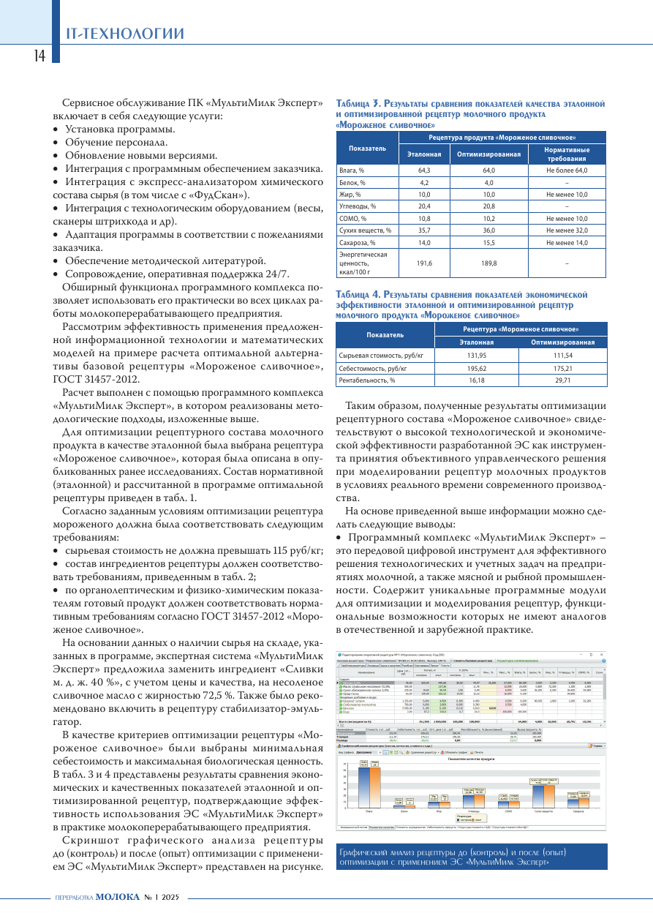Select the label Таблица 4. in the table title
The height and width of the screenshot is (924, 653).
coord(358,293)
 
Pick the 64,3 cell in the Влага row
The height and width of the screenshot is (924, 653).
coord(423,170)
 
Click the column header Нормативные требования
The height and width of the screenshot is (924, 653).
coord(567,154)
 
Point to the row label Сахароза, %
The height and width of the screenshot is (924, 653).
coord(357,242)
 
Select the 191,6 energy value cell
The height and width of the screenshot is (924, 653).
coord(423,263)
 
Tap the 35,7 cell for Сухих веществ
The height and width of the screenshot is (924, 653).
coord(423,230)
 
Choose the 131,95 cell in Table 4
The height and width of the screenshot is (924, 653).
coord(476,355)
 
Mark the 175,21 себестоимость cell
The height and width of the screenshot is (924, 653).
coord(562,368)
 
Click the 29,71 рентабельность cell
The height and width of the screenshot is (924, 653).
coord(562,380)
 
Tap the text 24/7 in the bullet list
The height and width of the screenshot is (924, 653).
coord(276,274)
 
